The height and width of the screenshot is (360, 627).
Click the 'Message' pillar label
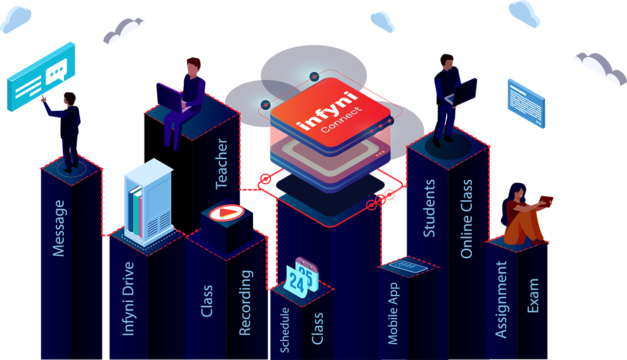coord(59,228)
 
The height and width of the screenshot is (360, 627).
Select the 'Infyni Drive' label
coord(129,299)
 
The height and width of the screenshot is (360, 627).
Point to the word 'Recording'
coord(245,303)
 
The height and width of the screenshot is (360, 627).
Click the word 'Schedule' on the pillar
coord(285,330)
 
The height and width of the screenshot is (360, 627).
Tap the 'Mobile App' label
coord(393,313)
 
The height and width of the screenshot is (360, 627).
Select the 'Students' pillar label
coord(429,208)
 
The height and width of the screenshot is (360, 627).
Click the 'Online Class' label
coord(467,218)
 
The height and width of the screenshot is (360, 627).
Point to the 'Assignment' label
coord(501,300)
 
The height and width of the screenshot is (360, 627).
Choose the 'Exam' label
coord(533,296)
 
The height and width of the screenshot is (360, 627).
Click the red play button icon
coord(227,213)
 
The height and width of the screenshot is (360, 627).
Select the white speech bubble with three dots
coord(57,72)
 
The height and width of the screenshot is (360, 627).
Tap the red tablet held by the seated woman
coord(546,201)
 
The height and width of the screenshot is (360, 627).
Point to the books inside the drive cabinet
coord(135,211)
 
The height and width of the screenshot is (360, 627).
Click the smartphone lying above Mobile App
coord(409,266)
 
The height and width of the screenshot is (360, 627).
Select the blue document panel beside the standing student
coord(526,103)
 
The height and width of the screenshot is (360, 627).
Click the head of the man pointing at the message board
coord(70,98)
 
